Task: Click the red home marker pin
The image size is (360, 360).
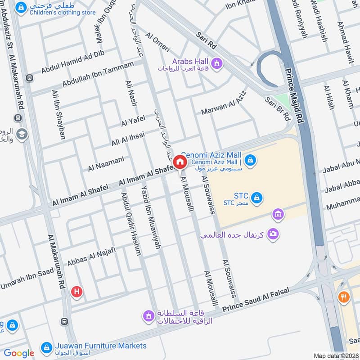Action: click(x=180, y=162)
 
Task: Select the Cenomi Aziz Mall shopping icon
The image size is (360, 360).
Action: click(x=251, y=159)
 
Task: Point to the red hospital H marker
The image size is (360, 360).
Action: click(x=77, y=292)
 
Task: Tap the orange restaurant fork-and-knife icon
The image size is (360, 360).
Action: click(x=344, y=297)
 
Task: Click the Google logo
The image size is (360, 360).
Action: click(x=19, y=353)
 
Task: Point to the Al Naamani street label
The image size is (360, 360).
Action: click(x=106, y=164)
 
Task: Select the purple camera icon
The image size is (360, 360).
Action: click(x=272, y=234)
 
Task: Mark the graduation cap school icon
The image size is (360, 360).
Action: click(x=22, y=134)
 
